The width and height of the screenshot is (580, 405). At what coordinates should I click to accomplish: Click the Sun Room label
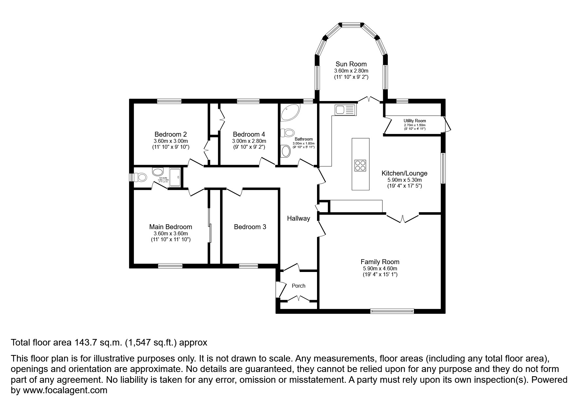click(351, 64)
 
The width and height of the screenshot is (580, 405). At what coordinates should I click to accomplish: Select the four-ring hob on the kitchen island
click(361, 165)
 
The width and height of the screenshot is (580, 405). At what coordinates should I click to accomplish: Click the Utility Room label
click(415, 121)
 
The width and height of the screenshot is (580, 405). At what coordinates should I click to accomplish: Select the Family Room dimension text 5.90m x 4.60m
click(380, 269)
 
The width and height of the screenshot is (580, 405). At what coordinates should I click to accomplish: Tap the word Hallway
click(298, 218)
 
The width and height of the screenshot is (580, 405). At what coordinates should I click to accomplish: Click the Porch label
click(298, 286)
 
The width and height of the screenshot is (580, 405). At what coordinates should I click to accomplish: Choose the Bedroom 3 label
click(250, 227)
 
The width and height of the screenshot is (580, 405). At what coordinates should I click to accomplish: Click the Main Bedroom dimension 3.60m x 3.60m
click(171, 234)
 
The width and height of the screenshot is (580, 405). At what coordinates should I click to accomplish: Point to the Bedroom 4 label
click(249, 134)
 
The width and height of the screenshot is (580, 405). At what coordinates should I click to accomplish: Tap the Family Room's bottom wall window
click(392, 311)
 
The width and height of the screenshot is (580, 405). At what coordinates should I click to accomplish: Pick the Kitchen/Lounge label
click(404, 174)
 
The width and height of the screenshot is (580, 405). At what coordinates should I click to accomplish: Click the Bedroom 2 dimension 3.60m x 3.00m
click(171, 141)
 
